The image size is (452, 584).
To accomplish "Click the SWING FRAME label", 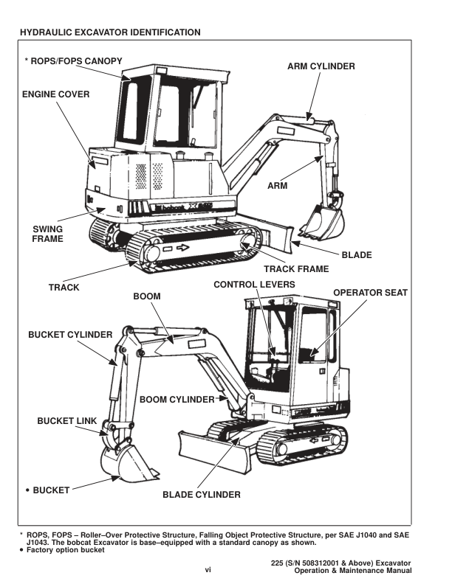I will click(48, 233).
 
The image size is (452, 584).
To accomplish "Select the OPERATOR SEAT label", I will click(370, 293).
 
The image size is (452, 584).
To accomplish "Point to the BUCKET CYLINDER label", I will click(70, 334).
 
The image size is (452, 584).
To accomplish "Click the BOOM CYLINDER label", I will click(177, 399).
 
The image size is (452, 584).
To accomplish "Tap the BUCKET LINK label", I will click(66, 420).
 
